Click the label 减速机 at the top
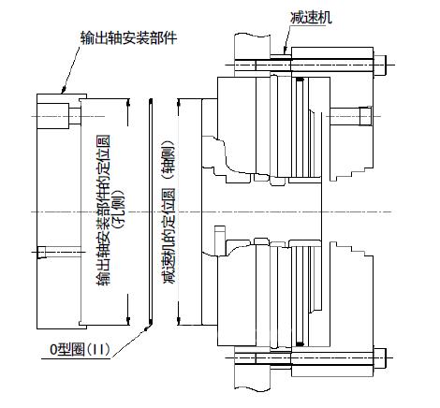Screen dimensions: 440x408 pos(311,18)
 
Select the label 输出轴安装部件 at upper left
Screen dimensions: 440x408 pos(128,37)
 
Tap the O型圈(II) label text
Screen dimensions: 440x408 pos(80,349)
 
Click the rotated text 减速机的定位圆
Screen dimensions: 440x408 pos(169,236)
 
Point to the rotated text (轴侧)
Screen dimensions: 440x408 pos(169,160)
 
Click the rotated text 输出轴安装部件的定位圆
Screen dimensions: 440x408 pos(104,211)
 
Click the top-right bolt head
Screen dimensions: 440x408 pos(380,66)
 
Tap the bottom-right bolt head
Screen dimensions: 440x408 pos(380,357)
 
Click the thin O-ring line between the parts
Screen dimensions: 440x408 pos(151,212)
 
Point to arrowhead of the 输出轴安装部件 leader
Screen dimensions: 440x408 pos(63,90)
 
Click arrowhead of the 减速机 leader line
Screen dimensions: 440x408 pos(285,51)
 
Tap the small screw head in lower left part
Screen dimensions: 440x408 pos(41,252)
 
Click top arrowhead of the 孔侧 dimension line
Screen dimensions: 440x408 pos(127,103)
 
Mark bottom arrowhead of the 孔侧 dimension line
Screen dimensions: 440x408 pos(127,321)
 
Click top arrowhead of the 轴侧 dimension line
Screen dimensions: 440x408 pos(179,103)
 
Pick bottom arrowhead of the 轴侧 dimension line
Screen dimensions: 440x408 pos(179,321)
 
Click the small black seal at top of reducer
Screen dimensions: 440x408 pos(300,80)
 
